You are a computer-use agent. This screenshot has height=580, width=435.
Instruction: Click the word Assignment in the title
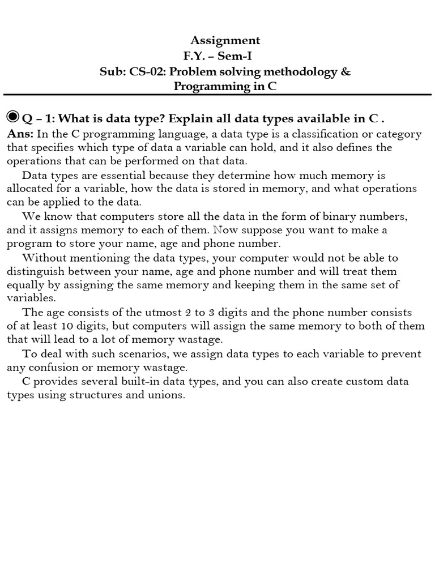point(225,40)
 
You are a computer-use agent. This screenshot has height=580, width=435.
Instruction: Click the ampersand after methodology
point(347,72)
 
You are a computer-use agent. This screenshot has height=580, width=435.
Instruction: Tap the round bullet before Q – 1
point(13,117)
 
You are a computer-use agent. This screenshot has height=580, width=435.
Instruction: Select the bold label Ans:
point(20,134)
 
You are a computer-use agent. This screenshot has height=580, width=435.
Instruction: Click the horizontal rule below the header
point(217,95)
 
